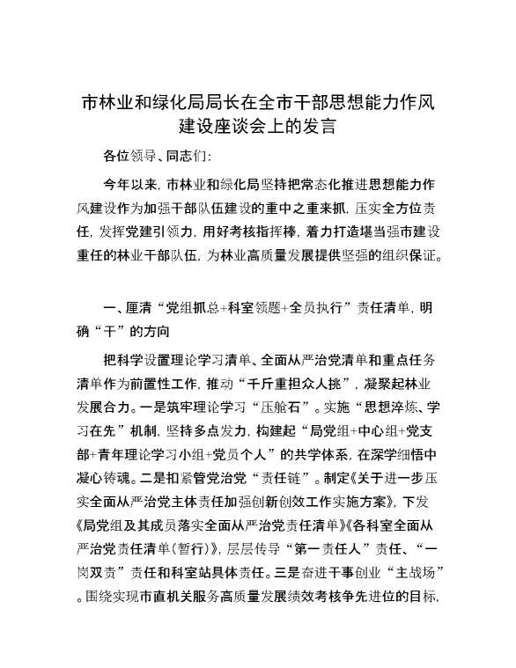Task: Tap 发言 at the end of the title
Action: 317,126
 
